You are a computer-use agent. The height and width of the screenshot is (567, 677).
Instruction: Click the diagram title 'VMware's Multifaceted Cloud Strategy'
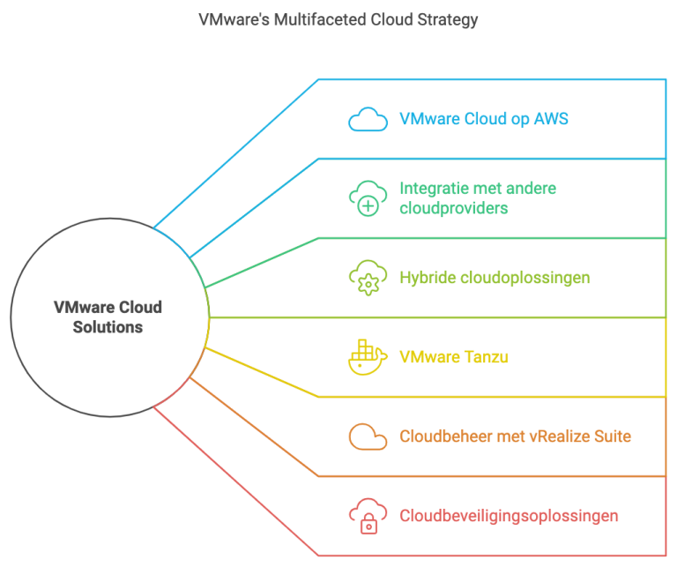[x=338, y=20]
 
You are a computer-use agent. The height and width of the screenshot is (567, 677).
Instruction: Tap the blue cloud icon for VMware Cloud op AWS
[x=367, y=119]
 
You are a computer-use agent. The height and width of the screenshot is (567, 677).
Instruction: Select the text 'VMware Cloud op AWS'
[x=483, y=119]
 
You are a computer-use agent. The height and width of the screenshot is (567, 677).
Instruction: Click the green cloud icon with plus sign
[x=367, y=198]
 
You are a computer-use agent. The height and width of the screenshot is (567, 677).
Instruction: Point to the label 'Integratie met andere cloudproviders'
[x=477, y=198]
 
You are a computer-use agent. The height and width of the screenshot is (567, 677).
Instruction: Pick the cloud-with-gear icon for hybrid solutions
[x=367, y=278]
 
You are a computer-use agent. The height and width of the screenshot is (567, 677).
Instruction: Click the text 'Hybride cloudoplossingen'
[x=494, y=278]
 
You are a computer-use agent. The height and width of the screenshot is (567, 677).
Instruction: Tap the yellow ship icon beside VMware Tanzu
[x=367, y=356]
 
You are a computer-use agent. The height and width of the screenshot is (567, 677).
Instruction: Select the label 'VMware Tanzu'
[x=453, y=357]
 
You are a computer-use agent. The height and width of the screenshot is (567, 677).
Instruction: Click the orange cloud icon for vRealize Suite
[x=367, y=436]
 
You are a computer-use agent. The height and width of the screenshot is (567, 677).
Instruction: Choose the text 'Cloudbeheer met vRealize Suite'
[x=515, y=436]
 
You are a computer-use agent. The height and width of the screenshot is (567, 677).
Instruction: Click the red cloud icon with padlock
[x=367, y=516]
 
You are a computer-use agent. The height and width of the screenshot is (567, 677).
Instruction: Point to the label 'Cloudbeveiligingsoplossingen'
[x=509, y=516]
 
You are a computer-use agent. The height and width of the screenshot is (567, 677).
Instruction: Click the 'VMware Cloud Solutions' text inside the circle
[x=108, y=317]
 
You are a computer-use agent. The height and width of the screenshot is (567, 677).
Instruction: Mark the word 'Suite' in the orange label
[x=611, y=436]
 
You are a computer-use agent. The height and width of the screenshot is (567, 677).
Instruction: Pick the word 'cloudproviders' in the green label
[x=453, y=208]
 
